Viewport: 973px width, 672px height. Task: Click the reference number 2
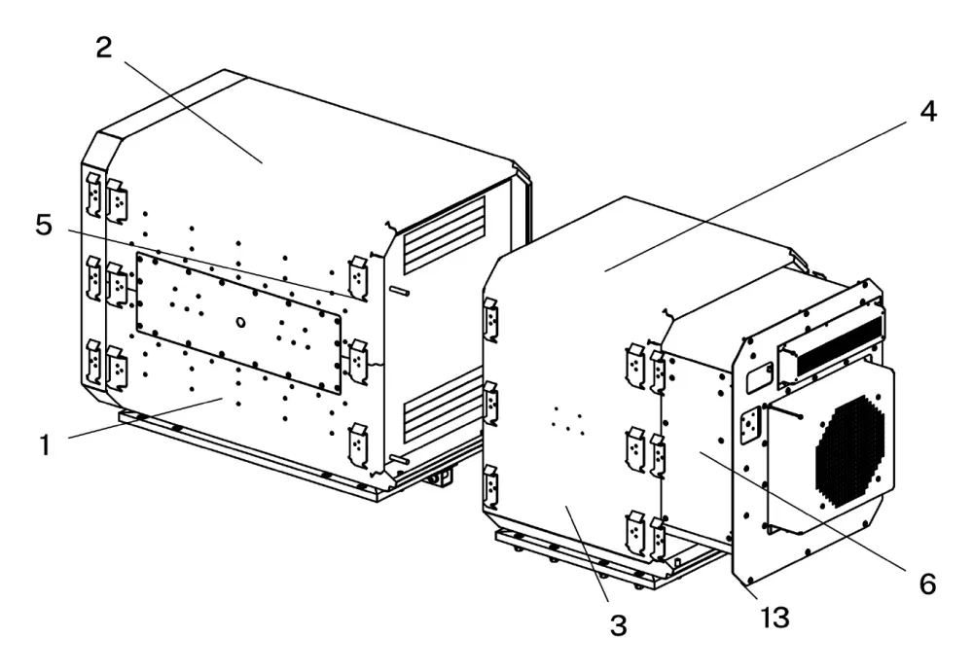tap(104, 48)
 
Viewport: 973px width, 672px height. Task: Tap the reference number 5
tap(44, 225)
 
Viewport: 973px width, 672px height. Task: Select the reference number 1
tap(45, 444)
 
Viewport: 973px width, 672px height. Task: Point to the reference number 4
tap(927, 112)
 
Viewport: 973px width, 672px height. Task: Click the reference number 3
tap(619, 625)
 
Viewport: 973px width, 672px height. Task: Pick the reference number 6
tap(927, 584)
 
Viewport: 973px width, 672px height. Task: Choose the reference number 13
tap(775, 618)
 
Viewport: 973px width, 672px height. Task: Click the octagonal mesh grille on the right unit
tap(849, 451)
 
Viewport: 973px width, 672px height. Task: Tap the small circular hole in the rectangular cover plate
tap(241, 322)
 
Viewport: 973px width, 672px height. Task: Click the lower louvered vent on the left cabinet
tap(443, 404)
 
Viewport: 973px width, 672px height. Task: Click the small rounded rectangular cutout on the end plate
tap(759, 377)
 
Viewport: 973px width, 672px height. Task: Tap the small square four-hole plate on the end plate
tap(751, 426)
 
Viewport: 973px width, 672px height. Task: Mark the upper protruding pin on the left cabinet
tap(400, 290)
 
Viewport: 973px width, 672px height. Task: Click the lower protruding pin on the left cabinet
tap(400, 459)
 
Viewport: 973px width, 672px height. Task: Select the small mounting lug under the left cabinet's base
tap(442, 477)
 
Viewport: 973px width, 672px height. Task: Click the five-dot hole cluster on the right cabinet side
tap(568, 421)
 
